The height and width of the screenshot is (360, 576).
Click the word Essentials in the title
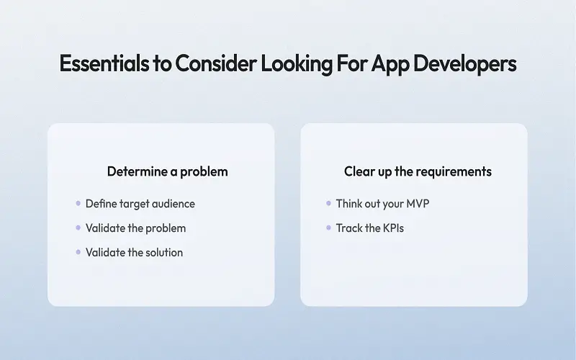coord(104,63)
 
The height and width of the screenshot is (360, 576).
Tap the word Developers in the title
coord(464,64)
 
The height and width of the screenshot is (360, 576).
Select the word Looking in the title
coord(297,64)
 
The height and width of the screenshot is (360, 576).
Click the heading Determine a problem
coord(168,171)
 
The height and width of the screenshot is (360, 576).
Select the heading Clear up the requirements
coord(418,171)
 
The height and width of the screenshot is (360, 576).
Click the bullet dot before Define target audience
coord(78,203)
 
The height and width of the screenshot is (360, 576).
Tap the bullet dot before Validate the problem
coord(78,228)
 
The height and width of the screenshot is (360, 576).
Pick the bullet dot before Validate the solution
coord(78,252)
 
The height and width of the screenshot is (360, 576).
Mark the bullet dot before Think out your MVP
coord(328,203)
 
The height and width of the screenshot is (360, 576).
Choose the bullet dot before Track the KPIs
coord(328,228)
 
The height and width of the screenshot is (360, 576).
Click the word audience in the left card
coord(174,204)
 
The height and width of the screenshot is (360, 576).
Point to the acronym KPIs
coord(393,228)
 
